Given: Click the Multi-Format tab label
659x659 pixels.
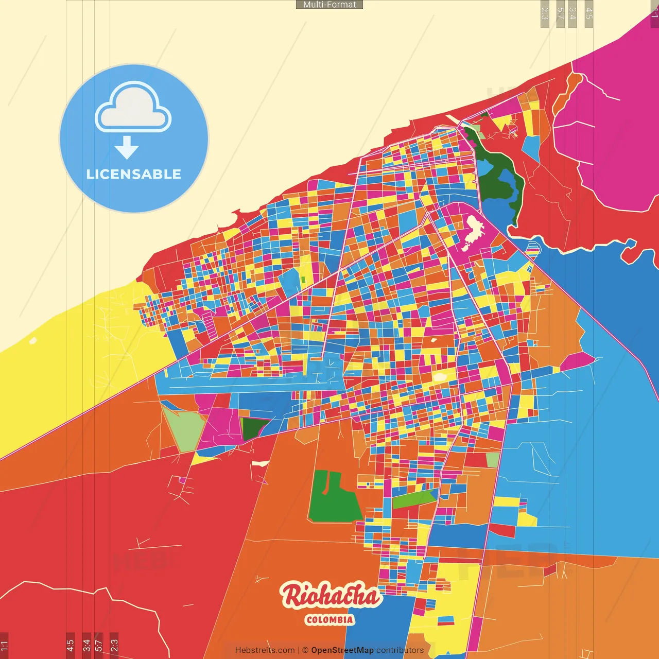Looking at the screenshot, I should tap(329, 5).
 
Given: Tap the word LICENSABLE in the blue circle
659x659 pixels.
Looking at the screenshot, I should tap(134, 174).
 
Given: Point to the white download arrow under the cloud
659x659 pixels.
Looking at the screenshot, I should tap(127, 148).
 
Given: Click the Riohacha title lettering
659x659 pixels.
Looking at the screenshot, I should tap(330, 596).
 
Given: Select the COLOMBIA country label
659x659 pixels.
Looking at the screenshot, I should tap(329, 620).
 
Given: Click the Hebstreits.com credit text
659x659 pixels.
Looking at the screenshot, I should tap(265, 650).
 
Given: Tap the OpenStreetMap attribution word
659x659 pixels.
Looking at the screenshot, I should tap(342, 650).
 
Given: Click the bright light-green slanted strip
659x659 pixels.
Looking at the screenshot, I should tap(414, 498).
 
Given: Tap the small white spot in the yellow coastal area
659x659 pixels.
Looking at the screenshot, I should tap(33, 340).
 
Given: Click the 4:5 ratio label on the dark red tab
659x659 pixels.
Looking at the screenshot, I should tap(70, 645).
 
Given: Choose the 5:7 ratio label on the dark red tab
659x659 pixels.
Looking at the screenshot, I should tap(99, 645).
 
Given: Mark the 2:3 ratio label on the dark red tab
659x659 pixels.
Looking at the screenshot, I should tap(114, 645).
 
